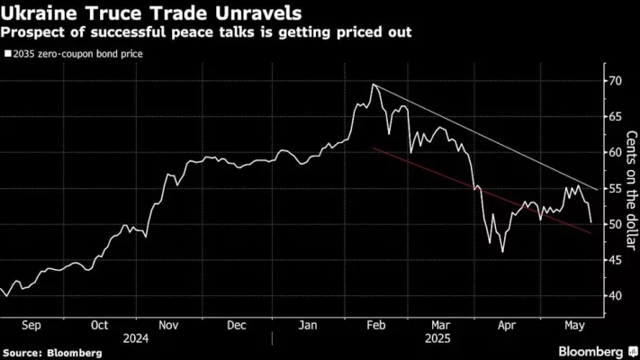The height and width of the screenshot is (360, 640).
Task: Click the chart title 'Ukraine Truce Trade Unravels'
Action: [152, 15]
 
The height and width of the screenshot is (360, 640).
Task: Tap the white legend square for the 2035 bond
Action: [7, 53]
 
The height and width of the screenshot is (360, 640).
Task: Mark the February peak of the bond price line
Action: [373, 84]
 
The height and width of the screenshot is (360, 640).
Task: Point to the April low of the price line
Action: [502, 252]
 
